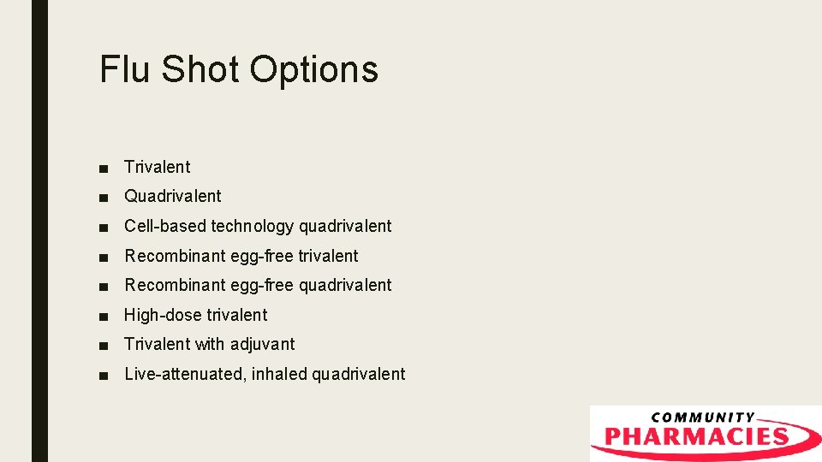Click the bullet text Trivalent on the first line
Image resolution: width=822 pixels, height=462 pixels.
click(x=158, y=167)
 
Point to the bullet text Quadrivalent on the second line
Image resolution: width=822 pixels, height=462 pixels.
click(x=173, y=196)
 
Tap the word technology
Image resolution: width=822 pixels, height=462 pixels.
click(x=252, y=227)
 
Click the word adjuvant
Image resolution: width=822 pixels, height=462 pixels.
click(x=261, y=345)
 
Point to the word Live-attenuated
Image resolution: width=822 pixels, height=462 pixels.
click(x=184, y=374)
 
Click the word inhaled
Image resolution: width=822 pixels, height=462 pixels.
click(x=279, y=374)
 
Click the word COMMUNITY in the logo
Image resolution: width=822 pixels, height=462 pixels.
click(x=703, y=418)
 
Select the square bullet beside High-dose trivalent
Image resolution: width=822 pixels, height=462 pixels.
click(x=104, y=316)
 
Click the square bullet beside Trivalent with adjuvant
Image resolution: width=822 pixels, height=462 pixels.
click(x=104, y=345)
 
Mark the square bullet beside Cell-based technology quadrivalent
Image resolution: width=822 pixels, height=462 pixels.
click(x=104, y=227)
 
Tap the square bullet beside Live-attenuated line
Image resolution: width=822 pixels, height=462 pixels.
click(x=104, y=375)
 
